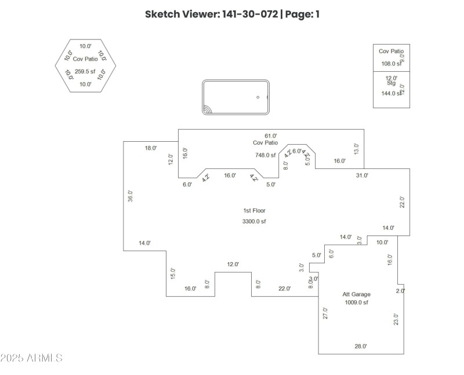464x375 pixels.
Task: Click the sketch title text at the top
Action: pos(232,14)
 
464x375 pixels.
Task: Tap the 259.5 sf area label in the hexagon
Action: pos(85,71)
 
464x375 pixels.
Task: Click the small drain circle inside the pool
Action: pos(258,97)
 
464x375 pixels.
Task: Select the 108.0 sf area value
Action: pos(390,64)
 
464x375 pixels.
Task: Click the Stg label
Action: pos(391,83)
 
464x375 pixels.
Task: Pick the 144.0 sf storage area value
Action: pos(391,93)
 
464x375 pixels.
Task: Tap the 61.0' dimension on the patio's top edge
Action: pos(271,136)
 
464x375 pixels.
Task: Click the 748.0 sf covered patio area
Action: pos(266,155)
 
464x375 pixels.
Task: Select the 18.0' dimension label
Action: pos(150,148)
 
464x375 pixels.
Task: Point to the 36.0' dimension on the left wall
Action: pos(130,196)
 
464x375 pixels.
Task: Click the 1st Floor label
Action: pos(254,211)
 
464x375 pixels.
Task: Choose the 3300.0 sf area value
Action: pos(254,221)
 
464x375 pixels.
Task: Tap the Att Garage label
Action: pos(356,294)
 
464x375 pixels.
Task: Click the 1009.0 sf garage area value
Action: pos(356,302)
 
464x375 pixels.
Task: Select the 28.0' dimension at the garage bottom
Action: pos(361,346)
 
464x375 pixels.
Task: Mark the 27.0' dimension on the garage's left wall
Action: pos(325,313)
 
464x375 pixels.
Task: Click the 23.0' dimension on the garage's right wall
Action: pos(396,319)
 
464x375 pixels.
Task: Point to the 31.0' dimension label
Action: pos(361,175)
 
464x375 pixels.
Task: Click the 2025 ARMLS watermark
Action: pos(31,358)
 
